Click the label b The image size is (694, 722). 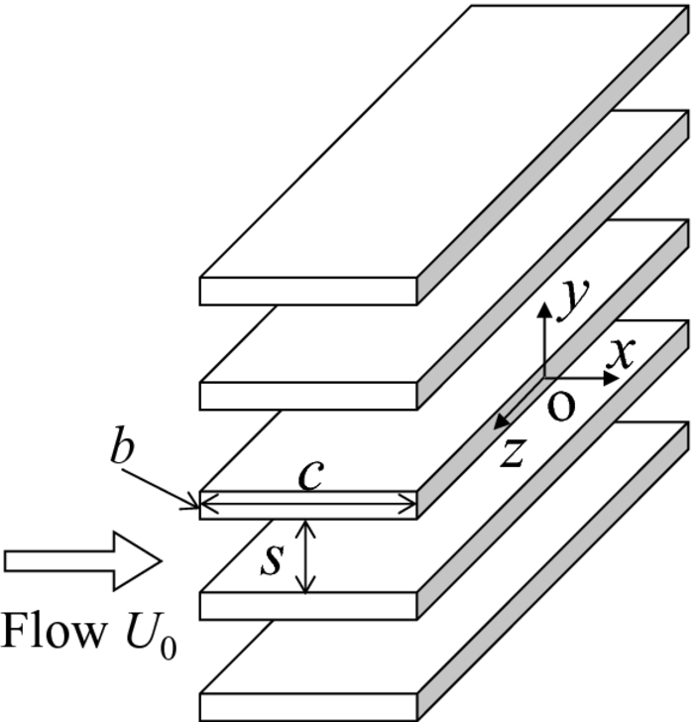(120, 449)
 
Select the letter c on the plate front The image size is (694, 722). (309, 477)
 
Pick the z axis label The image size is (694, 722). (512, 451)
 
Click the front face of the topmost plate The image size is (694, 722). (308, 290)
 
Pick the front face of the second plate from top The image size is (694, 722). (308, 394)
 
